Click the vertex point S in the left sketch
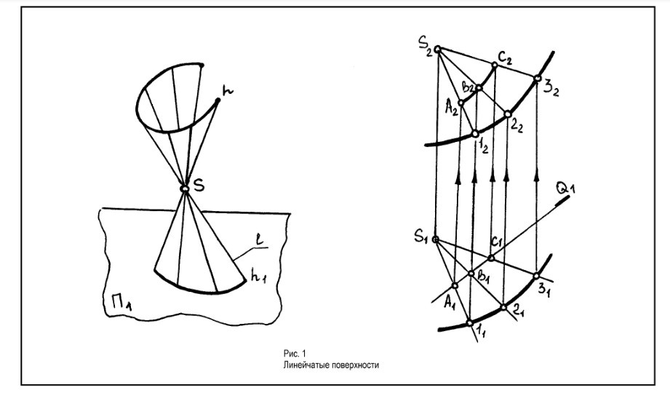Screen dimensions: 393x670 (186, 189)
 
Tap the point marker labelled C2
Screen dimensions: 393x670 (495, 66)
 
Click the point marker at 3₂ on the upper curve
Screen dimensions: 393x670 (537, 78)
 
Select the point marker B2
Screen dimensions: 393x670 (478, 88)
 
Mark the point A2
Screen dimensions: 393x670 (460, 103)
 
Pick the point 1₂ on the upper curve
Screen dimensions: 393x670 (474, 134)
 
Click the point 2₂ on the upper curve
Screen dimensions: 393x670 (507, 114)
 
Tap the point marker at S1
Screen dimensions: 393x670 (435, 239)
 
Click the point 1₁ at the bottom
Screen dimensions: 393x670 (469, 323)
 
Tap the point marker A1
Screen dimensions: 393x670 (455, 286)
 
